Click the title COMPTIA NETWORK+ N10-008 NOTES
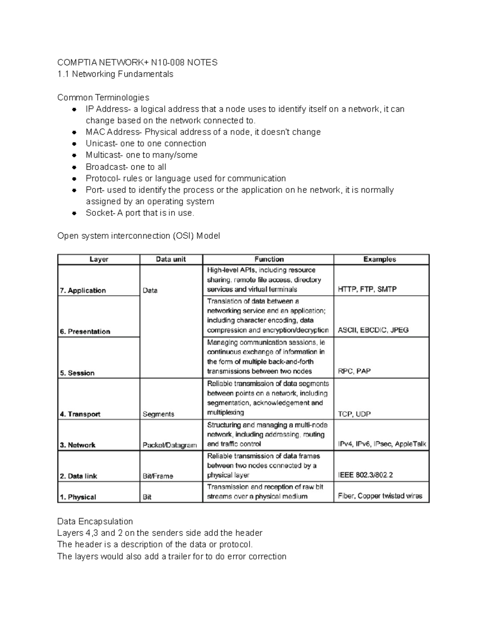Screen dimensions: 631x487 (x=137, y=63)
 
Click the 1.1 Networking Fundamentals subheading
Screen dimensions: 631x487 (x=115, y=74)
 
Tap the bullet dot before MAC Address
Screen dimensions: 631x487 (x=74, y=132)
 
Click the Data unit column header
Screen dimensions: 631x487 (x=171, y=259)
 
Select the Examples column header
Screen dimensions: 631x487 (x=379, y=259)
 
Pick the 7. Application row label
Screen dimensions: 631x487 (x=83, y=291)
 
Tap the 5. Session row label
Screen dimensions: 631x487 (x=77, y=373)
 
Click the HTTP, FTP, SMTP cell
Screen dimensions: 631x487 (x=367, y=289)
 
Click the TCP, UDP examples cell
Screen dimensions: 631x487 (x=354, y=414)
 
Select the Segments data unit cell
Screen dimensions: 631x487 (x=158, y=414)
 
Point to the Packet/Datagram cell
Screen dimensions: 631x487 (x=170, y=445)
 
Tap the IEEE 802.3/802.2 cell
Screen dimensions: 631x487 (x=365, y=475)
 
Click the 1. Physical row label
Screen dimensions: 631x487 (x=78, y=497)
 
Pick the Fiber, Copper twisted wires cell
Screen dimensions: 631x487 (x=380, y=496)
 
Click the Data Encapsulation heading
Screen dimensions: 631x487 (x=95, y=521)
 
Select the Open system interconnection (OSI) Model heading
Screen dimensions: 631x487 (x=138, y=236)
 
